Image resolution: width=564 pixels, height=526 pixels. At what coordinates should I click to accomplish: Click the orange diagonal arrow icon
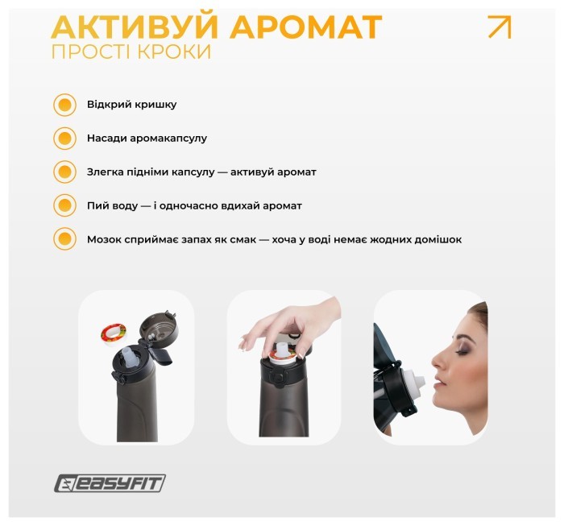coord(500,27)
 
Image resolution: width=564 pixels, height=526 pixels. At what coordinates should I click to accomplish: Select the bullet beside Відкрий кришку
coord(64,105)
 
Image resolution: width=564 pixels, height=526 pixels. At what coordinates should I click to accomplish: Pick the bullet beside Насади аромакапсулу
coord(64,139)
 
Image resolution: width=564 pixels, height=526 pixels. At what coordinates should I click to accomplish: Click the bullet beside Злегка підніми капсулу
coord(64,172)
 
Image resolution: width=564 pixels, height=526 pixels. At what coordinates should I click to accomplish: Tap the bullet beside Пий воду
coord(64,206)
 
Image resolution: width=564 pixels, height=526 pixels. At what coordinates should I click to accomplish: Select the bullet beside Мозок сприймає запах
coord(64,240)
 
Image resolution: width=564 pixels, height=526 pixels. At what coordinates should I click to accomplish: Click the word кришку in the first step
coord(156,105)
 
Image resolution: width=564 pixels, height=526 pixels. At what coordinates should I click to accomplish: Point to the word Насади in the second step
coord(106,139)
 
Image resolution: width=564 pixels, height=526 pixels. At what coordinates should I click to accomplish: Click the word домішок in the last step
coord(435,240)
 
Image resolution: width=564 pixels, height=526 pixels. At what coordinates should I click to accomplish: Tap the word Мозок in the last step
coord(105,240)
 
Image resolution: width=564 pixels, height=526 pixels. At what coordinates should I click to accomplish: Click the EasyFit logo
coord(110,483)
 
